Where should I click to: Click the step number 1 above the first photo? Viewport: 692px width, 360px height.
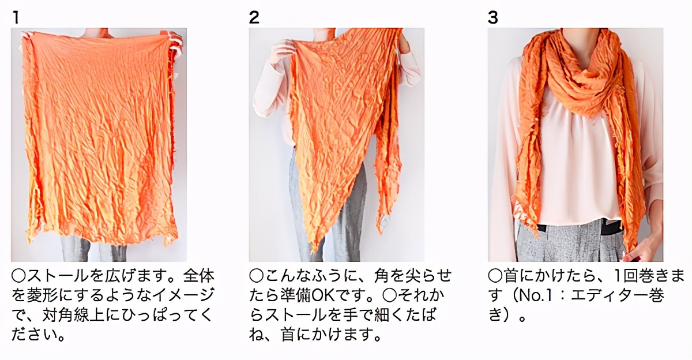pyautogui.click(x=16, y=17)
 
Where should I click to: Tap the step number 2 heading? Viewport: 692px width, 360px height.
pyautogui.click(x=254, y=17)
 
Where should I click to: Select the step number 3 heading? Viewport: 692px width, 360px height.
pyautogui.click(x=492, y=17)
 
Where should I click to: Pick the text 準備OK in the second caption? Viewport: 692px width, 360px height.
pyautogui.click(x=307, y=295)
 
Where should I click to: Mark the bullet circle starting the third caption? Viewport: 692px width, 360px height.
pyautogui.click(x=495, y=276)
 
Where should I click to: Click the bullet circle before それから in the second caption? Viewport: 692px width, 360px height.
pyautogui.click(x=389, y=295)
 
